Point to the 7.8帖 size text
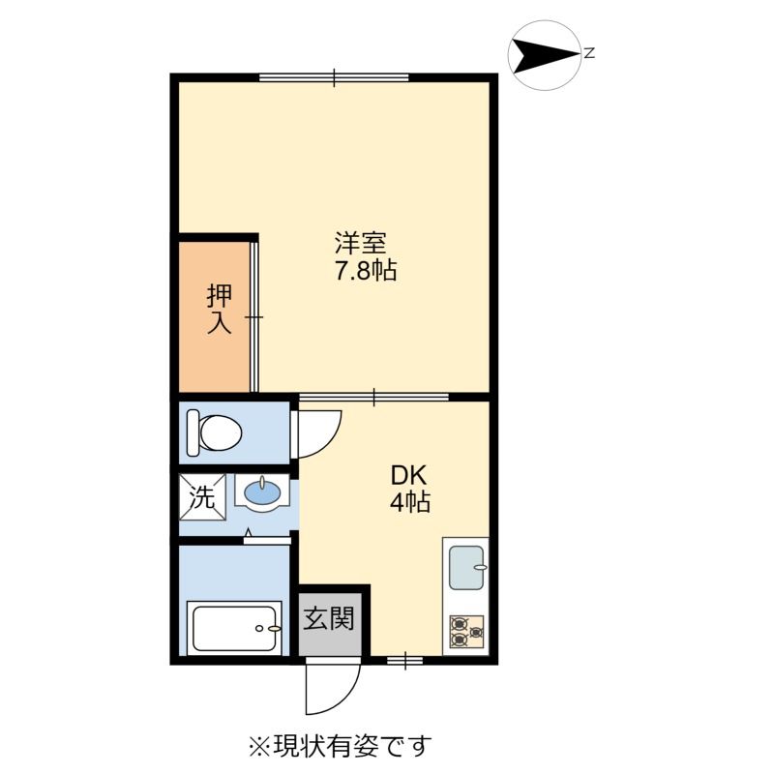point(366,271)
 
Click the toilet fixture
point(214,432)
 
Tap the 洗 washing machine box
point(201,498)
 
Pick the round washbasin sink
point(262,495)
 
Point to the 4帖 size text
point(410,503)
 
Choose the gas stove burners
point(466,632)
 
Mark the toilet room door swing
point(315,433)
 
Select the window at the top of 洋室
point(334,76)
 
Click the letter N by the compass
point(588,54)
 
